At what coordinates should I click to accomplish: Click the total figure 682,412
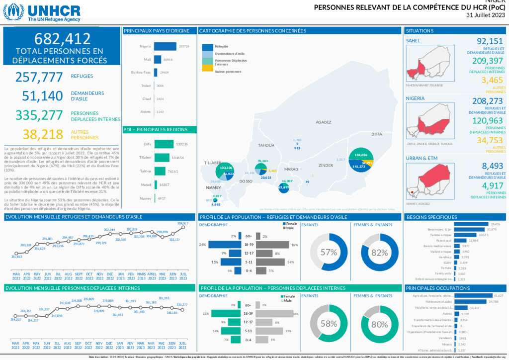pos(62,39)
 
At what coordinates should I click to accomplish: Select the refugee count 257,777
pos(39,77)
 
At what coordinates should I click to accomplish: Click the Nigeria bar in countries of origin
pos(165,46)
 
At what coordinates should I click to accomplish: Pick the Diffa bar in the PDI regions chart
pos(164,144)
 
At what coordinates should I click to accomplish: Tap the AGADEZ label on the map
pos(323,122)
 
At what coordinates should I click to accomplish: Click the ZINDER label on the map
pos(326,165)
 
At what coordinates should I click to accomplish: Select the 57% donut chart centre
pos(329,252)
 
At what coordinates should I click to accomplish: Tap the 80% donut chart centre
pos(379,324)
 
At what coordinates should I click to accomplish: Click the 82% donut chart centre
pos(379,252)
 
